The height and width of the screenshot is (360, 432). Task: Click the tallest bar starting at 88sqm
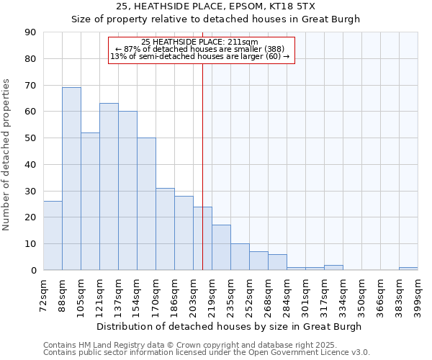[71, 179]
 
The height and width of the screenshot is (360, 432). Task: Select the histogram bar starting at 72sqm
[53, 235]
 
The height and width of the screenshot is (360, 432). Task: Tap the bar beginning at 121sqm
[109, 186]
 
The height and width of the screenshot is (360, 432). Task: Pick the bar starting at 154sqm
[146, 204]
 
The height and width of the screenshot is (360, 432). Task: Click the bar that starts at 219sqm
[221, 248]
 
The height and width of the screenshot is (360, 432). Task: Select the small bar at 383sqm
[408, 269]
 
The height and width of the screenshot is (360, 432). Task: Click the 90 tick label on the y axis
[30, 32]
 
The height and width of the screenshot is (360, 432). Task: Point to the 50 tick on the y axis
[30, 138]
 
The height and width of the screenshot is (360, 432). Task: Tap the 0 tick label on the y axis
[33, 271]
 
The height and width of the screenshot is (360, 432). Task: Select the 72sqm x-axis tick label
[43, 294]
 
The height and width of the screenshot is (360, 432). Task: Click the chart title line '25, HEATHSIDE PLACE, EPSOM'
[215, 6]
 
